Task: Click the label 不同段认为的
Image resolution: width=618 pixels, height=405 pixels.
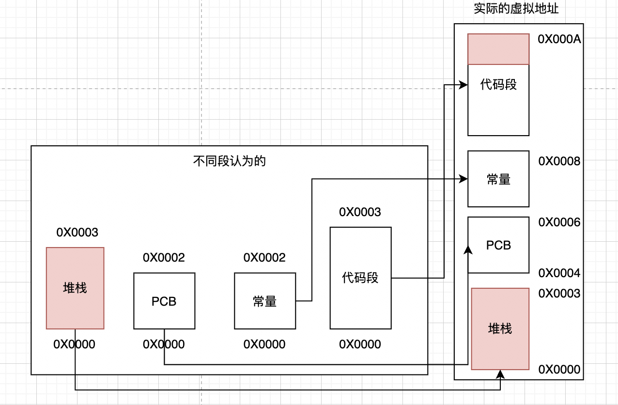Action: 230,161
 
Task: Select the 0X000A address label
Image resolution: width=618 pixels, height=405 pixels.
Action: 559,40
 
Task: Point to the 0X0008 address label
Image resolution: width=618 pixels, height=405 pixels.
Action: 559,161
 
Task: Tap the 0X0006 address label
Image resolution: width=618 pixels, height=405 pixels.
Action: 559,222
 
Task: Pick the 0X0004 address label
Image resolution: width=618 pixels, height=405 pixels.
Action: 559,274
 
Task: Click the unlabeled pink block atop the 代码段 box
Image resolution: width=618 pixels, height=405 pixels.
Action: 498,49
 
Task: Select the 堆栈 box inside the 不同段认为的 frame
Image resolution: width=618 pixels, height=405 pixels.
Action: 75,288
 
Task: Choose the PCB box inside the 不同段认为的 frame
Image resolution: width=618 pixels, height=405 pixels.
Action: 164,301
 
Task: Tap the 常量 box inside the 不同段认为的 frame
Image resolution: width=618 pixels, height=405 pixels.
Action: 265,301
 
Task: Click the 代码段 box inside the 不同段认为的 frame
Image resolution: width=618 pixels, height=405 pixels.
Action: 360,278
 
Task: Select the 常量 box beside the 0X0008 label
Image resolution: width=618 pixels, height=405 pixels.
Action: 498,179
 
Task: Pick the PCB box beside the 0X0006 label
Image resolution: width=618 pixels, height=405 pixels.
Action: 498,245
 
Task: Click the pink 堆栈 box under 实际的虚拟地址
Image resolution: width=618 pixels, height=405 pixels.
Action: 500,329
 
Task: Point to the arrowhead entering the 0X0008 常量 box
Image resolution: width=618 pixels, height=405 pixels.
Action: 464,179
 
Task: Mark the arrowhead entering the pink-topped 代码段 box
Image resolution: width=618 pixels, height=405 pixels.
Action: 464,85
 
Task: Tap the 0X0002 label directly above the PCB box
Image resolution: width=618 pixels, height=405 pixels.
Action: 164,258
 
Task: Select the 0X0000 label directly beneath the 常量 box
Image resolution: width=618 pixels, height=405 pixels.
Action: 264,344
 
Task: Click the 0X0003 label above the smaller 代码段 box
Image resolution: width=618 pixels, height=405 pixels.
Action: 360,212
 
